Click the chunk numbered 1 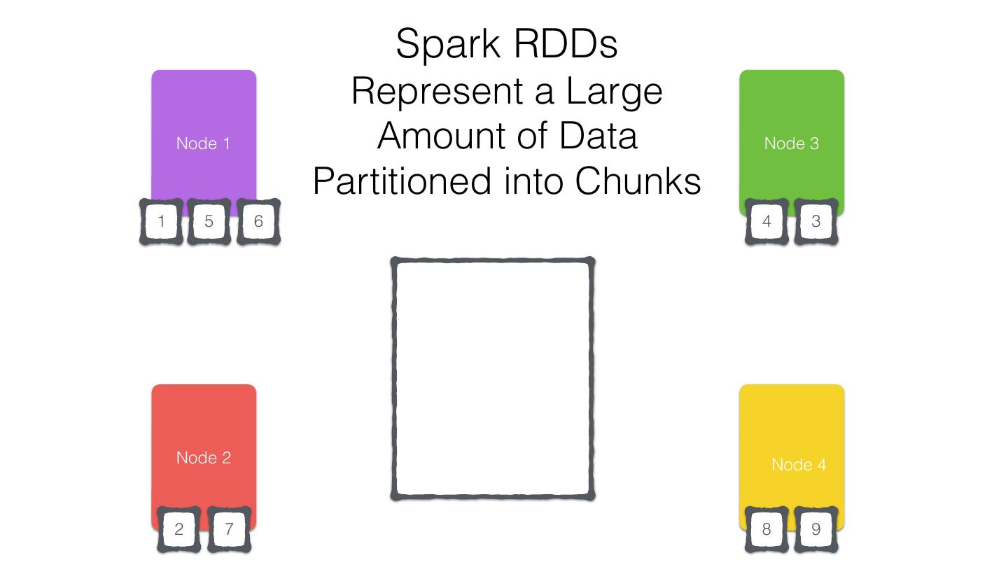point(162,222)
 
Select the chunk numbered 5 point(209,222)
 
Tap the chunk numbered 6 point(258,222)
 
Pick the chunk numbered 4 point(766,222)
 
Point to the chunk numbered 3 point(815,222)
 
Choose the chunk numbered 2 point(178,529)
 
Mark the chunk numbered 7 point(228,529)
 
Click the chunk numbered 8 point(766,529)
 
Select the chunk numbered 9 point(815,529)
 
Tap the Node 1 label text point(203,143)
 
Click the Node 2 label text point(203,458)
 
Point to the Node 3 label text point(791,143)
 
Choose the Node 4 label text point(799,465)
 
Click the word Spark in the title point(448,45)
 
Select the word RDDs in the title point(566,43)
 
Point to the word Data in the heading point(598,136)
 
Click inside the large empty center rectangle point(493,379)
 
